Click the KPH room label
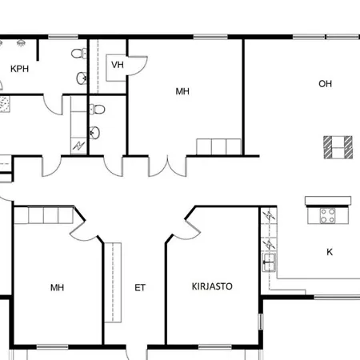pos(20,69)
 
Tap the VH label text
pos(118,65)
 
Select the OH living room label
pos(325,84)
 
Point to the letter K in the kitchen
pos(330,252)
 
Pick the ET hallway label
pos(140,288)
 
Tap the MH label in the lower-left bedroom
pos(57,286)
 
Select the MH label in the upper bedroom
pos(182,92)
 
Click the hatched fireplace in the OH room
pos(338,146)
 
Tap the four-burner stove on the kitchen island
pos(328,214)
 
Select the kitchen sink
pos(268,261)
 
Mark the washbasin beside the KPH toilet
pos(82,78)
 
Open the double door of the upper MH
pos(168,165)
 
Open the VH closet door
pos(138,66)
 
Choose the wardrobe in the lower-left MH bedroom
pos(46,216)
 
